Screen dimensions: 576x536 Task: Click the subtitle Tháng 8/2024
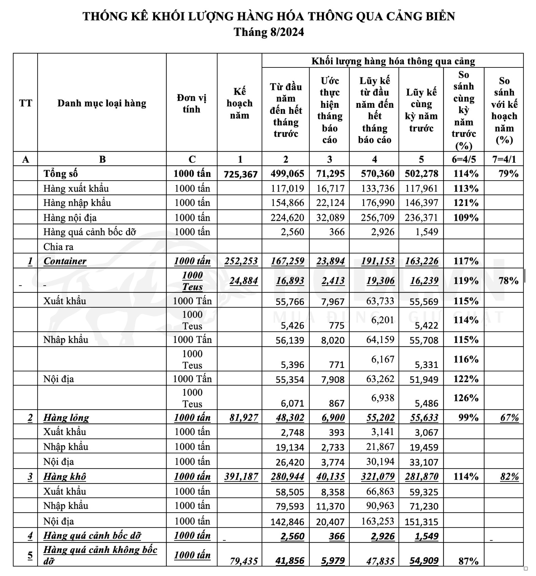[269, 32]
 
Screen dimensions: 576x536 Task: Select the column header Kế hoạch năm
[239, 103]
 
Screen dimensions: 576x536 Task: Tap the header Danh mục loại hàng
[102, 103]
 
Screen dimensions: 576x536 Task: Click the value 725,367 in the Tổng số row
[241, 174]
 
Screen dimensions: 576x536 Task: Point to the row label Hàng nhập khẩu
[77, 203]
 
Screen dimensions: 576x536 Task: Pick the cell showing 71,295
[330, 174]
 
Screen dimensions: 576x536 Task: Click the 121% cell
[466, 203]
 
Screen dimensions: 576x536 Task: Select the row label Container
[65, 261]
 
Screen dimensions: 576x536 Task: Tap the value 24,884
[244, 281]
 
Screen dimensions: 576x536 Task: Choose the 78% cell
[508, 281]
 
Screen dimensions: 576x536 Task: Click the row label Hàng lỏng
[66, 418]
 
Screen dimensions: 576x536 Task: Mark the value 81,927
[244, 418]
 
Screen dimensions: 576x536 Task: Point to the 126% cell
[466, 398]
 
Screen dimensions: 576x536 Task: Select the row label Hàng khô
[65, 477]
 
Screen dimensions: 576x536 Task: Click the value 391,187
[241, 477]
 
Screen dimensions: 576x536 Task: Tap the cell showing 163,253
[377, 521]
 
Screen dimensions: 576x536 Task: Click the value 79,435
[244, 561]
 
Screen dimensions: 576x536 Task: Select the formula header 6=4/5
[464, 159]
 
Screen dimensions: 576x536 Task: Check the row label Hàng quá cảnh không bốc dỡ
[100, 555]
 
